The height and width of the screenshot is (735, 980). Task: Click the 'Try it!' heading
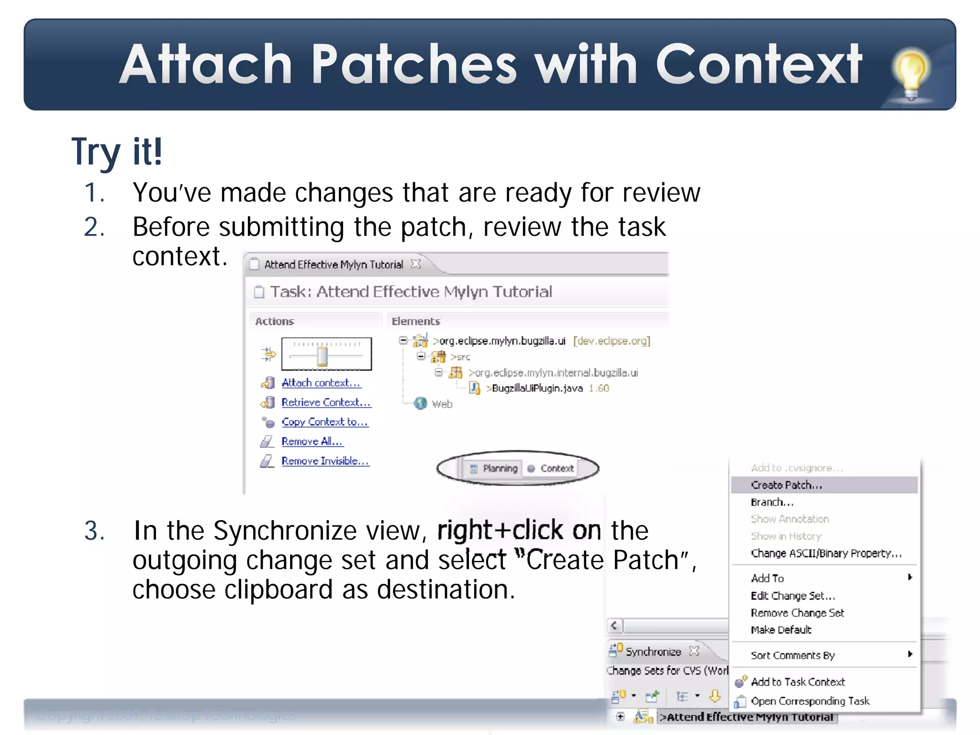117,152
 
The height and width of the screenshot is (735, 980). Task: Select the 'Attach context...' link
321,383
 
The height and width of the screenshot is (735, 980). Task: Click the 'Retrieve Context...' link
326,402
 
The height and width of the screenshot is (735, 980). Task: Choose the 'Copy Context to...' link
324,422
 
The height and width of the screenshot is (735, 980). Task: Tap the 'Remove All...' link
312,442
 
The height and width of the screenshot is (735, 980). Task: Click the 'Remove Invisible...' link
325,461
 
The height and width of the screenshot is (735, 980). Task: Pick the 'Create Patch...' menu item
786,485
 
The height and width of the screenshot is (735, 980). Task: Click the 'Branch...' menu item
772,502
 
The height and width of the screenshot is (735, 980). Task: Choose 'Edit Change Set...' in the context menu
792,596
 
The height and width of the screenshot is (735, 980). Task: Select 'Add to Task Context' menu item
797,682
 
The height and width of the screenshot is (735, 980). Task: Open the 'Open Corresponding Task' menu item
810,701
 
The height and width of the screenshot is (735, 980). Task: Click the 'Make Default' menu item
781,630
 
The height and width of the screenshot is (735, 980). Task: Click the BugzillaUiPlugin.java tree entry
537,389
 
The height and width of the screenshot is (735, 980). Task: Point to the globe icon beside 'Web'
421,404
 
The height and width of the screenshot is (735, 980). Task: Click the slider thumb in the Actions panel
323,356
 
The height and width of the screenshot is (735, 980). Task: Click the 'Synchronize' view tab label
653,652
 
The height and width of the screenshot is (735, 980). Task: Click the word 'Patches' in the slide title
414,65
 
